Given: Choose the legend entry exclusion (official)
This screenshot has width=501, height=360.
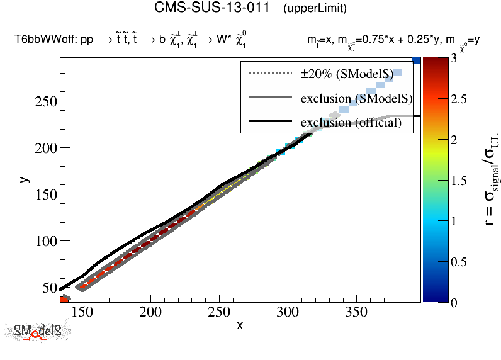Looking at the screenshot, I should (351, 122).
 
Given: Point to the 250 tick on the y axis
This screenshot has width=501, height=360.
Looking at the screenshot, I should (45, 101).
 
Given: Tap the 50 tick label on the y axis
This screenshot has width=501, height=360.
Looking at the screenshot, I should (48, 288).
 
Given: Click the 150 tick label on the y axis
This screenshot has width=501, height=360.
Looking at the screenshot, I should (45, 194).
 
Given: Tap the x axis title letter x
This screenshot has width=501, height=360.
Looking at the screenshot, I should (240, 325).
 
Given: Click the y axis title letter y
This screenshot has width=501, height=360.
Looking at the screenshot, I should (23, 179).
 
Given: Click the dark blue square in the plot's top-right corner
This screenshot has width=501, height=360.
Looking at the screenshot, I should (416, 60).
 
